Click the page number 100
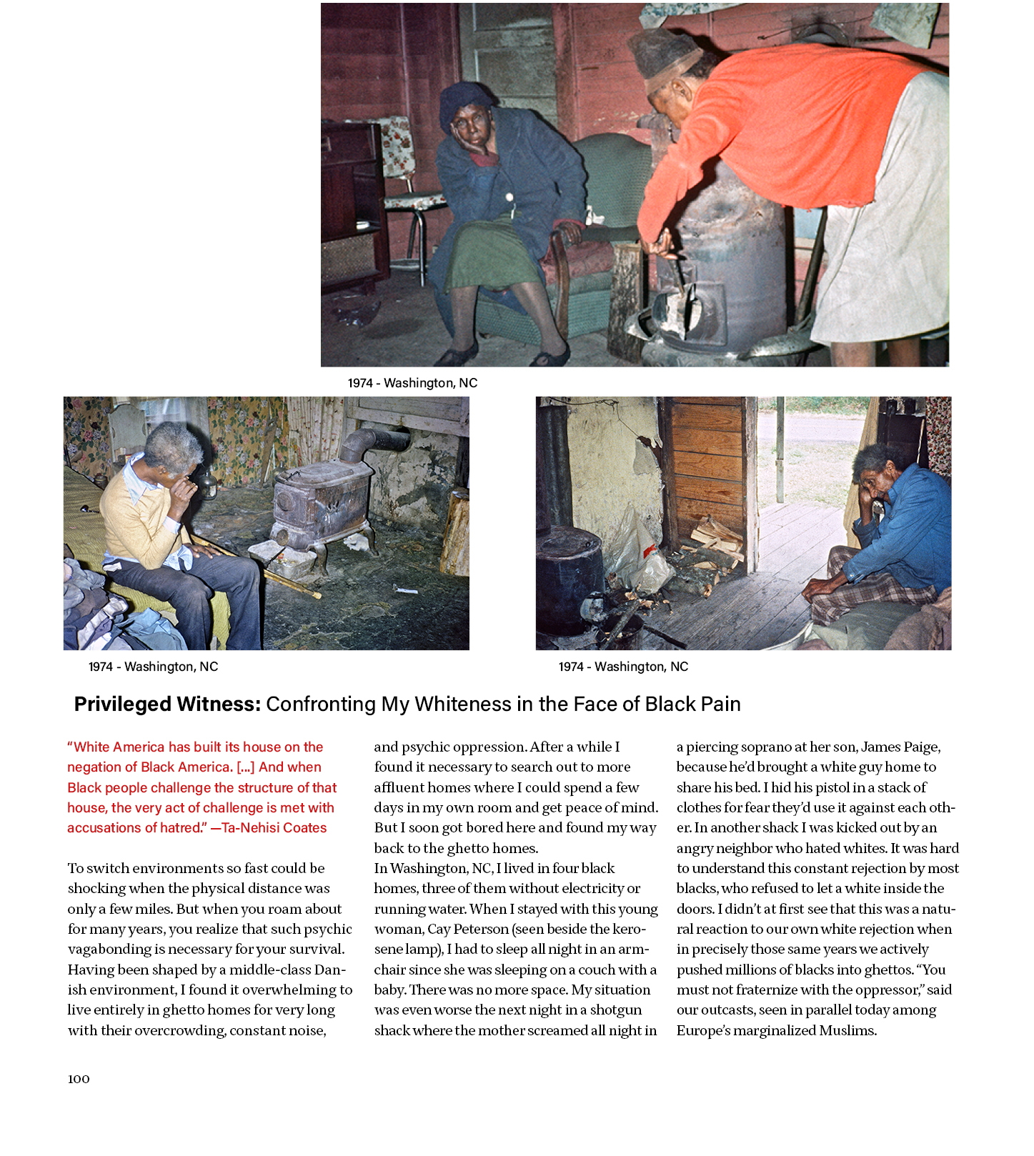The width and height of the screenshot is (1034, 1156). pyautogui.click(x=79, y=1079)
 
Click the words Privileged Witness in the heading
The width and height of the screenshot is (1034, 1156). pyautogui.click(x=167, y=704)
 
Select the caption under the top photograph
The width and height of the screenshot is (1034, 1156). pyautogui.click(x=412, y=383)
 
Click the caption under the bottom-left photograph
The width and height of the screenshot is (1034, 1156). pyautogui.click(x=153, y=667)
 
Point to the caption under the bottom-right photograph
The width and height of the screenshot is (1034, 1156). pyautogui.click(x=623, y=667)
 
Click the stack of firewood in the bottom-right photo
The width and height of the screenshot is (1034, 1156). pyautogui.click(x=715, y=536)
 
